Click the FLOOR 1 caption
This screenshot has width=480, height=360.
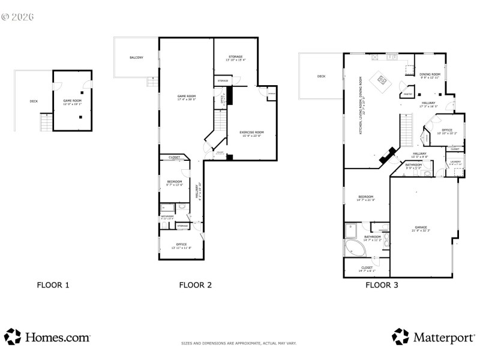coord(53,285)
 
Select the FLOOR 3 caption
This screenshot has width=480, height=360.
coord(382,285)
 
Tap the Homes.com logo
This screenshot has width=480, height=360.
coord(47,337)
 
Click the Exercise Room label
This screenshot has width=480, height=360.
coord(251,133)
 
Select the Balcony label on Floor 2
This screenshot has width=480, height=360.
coord(136,58)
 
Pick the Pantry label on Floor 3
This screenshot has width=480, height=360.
coord(407,94)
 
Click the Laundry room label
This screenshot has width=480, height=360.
coord(456,163)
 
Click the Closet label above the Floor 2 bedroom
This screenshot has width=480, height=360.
coord(174,157)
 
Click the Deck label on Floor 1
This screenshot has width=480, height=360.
coord(34,101)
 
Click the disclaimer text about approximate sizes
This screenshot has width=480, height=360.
coord(239,343)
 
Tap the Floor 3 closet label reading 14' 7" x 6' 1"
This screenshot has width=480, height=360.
coord(367,269)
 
